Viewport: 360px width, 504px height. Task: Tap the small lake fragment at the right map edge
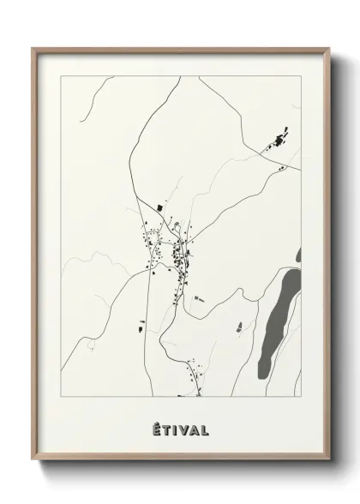[x=298, y=255]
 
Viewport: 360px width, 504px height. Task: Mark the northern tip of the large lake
[x=295, y=271]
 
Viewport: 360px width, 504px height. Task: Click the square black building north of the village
[x=159, y=207]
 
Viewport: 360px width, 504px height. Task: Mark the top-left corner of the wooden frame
[x=33, y=48]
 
